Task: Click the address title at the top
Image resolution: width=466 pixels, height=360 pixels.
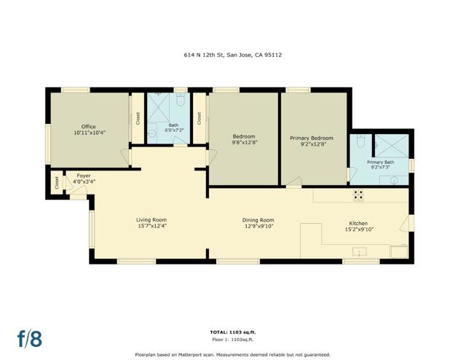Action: [233, 54]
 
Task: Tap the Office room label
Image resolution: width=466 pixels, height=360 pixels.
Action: [89, 127]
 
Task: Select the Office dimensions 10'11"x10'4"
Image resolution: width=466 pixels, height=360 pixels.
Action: [89, 133]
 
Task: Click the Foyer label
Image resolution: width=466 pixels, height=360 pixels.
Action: [83, 176]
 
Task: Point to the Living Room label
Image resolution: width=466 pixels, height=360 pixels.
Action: [151, 219]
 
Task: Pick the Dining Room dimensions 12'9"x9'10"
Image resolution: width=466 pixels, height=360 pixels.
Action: [258, 226]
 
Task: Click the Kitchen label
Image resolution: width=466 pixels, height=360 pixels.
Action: [358, 223]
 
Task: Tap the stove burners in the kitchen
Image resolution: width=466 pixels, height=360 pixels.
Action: [358, 195]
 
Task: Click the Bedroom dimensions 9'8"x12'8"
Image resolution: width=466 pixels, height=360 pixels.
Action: [244, 143]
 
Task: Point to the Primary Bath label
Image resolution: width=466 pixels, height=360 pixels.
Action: [380, 162]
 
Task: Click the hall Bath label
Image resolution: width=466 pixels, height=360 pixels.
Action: [173, 125]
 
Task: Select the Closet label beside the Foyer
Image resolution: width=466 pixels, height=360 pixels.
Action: [57, 182]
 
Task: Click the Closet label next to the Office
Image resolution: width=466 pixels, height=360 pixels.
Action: [138, 118]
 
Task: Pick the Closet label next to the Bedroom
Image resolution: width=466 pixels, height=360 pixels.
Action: [199, 118]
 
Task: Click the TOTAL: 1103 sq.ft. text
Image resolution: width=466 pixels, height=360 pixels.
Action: [233, 332]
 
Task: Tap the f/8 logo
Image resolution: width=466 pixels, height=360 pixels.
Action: [30, 338]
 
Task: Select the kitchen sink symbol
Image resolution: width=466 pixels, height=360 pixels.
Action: [358, 251]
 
